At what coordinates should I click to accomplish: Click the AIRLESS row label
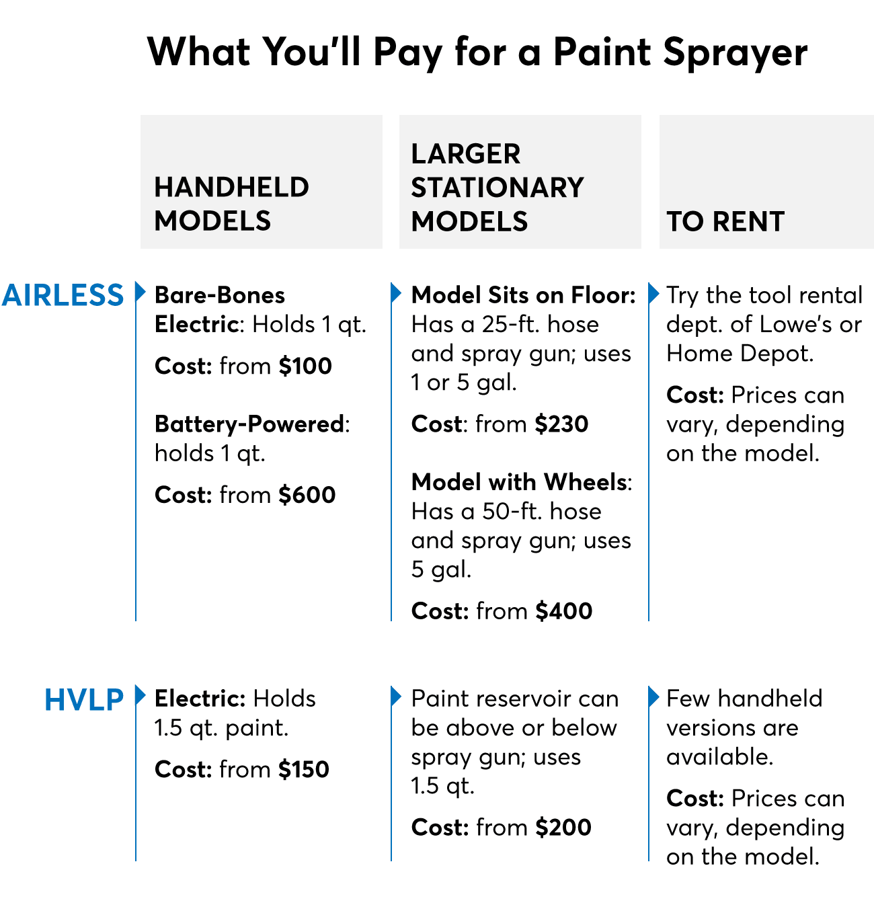pos(63,295)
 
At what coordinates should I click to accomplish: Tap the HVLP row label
pos(84,700)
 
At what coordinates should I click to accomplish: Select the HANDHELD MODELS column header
pos(232,204)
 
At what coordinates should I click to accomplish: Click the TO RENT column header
pos(725,221)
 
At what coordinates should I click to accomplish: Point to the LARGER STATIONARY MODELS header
pos(498,188)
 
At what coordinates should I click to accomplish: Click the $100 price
pos(305,366)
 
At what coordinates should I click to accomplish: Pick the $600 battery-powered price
pos(307,495)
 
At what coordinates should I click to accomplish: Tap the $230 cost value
pos(561,424)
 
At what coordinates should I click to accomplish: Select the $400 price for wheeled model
pos(563,610)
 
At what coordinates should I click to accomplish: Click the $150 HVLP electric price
pos(304,769)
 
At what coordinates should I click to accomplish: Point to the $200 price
pos(563,827)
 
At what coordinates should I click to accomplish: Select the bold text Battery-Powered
pos(249,425)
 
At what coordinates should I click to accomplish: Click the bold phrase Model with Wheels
pos(519,482)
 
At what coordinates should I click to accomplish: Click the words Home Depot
pos(740,354)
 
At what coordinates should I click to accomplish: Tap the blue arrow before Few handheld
pos(654,697)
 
